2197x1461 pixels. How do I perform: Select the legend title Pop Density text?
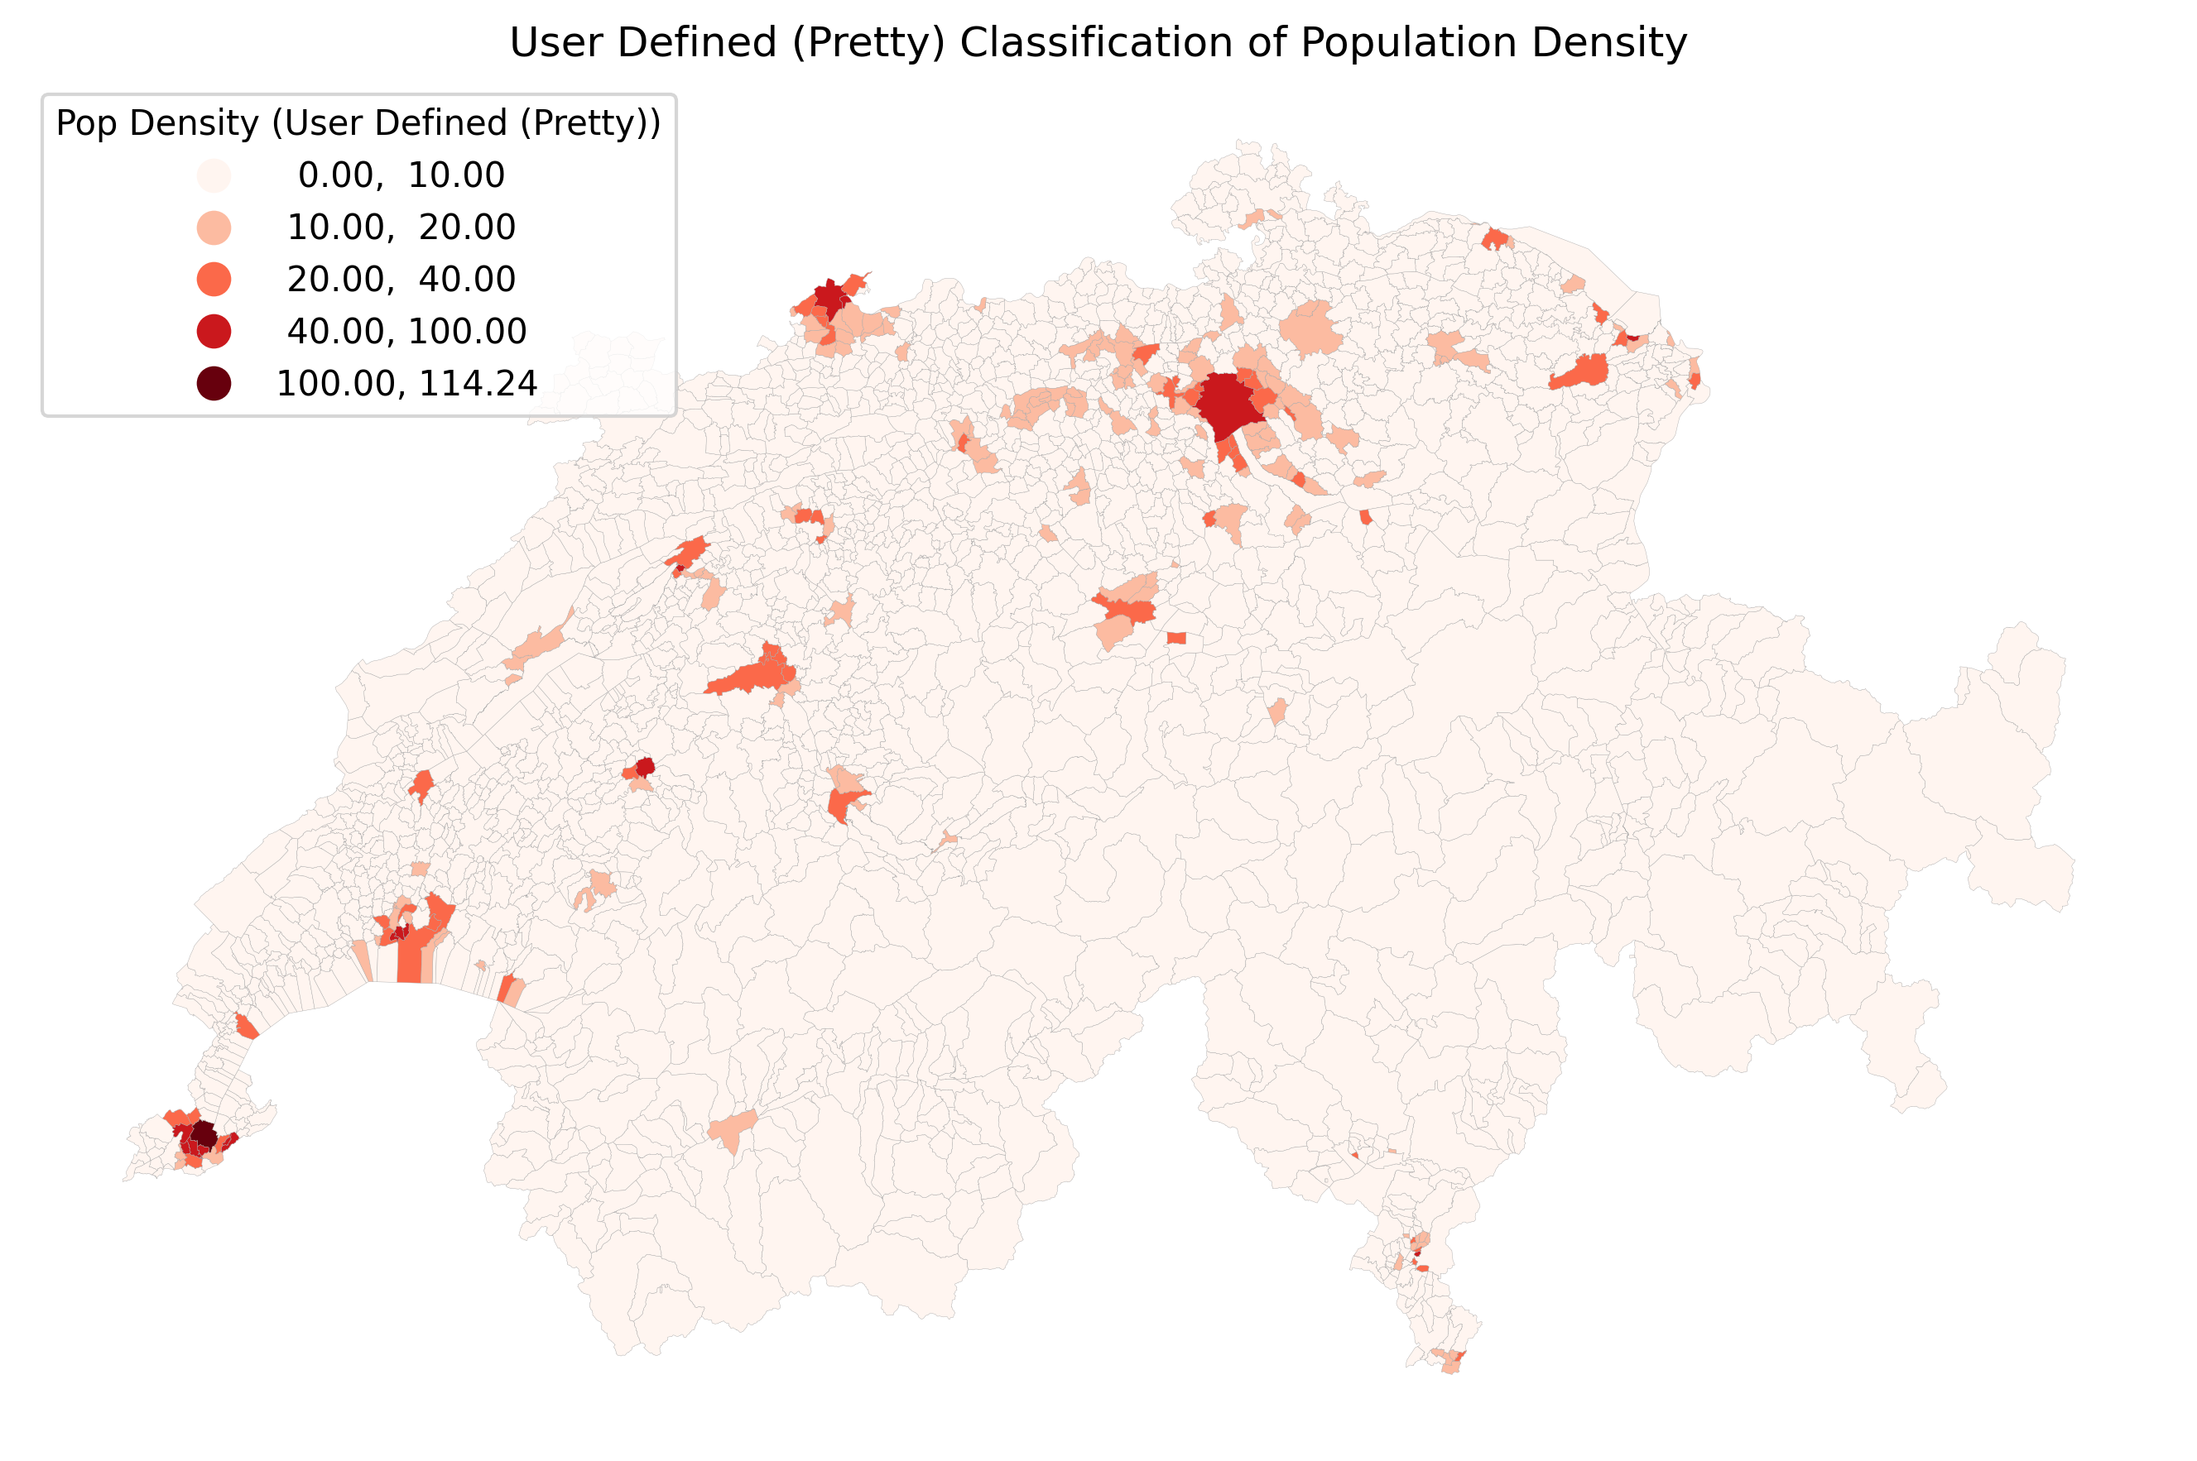tap(157, 123)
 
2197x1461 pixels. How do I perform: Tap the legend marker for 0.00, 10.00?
tap(214, 175)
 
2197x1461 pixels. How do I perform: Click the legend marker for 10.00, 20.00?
tap(214, 228)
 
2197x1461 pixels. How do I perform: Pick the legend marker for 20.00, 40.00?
tap(214, 280)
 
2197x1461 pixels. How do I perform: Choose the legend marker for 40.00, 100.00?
tap(214, 332)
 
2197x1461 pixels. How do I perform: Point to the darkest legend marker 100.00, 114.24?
tap(214, 384)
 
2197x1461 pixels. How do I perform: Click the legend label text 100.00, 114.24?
tap(406, 384)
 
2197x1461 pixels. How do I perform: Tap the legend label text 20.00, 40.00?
tap(401, 280)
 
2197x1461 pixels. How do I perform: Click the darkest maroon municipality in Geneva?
tap(203, 1136)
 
